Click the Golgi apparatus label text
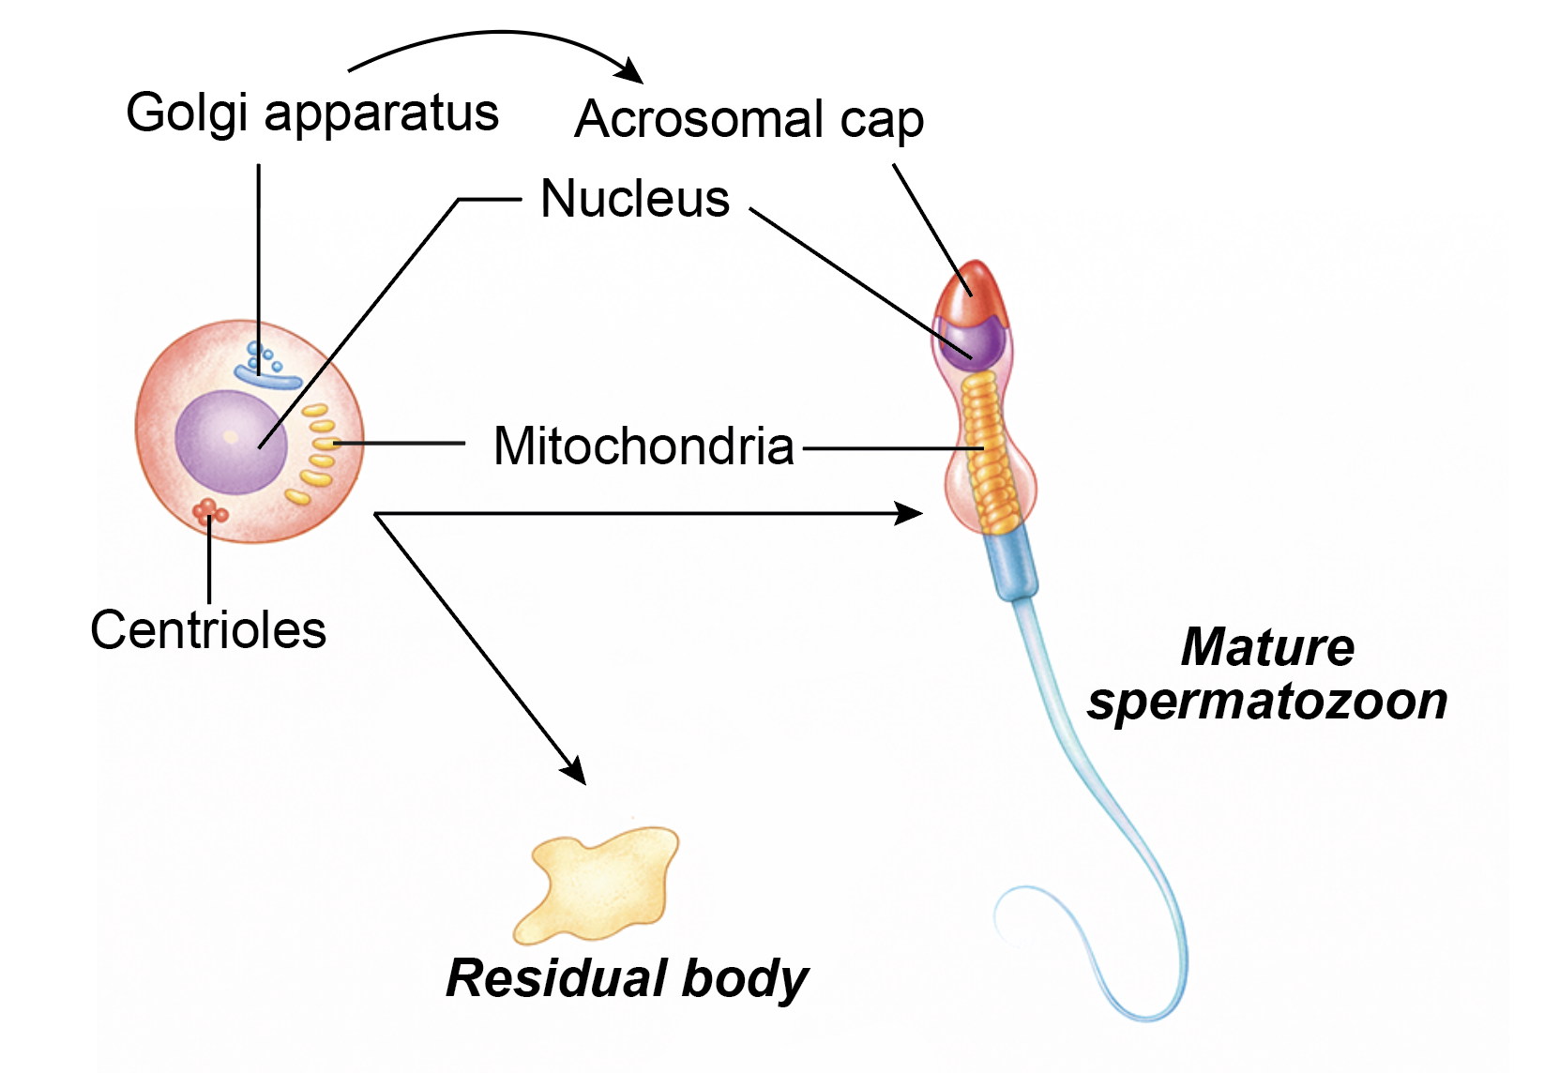pos(312,114)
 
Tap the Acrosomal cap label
pos(749,120)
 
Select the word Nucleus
pos(635,199)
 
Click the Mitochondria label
pos(643,446)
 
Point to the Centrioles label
pos(208,629)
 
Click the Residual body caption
pos(627,978)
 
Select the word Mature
pos(1266,647)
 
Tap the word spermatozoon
pos(1266,701)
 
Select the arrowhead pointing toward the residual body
pos(574,771)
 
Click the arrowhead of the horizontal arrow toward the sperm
pos(910,513)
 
